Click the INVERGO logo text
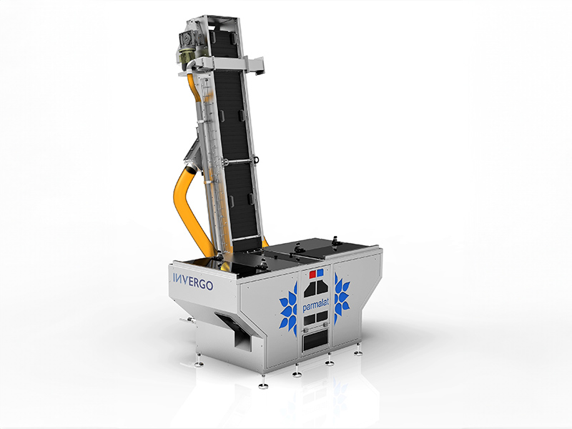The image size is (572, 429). pos(192,281)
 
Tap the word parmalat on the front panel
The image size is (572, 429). pos(316,305)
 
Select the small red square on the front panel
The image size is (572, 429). pos(312,274)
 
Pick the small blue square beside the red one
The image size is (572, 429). pos(320,272)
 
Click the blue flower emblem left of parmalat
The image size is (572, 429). pos(289,310)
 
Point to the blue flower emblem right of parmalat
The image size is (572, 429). pos(342,298)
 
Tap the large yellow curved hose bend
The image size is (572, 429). pos(189,204)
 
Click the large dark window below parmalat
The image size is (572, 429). pos(315,341)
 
